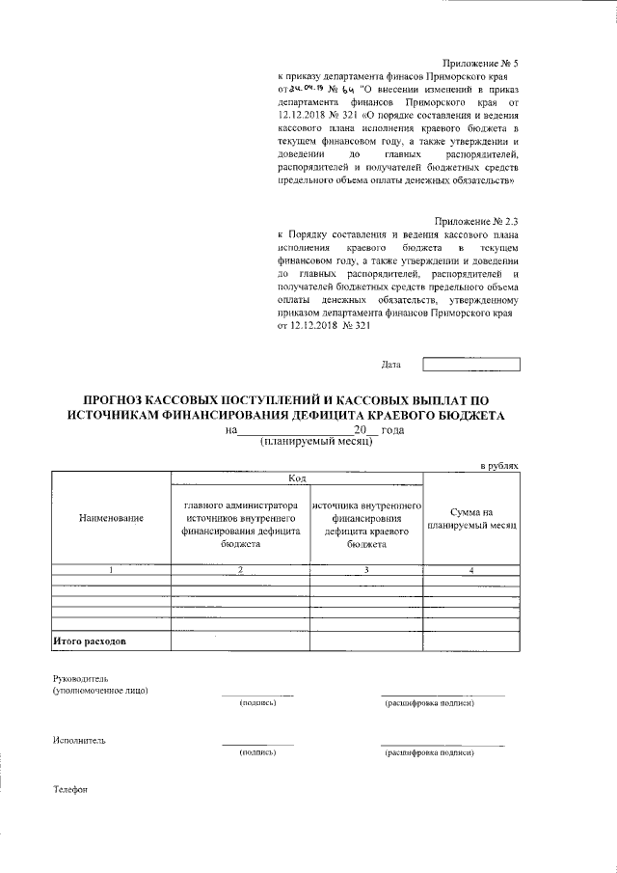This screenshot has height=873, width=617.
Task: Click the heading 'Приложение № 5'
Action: pyautogui.click(x=479, y=61)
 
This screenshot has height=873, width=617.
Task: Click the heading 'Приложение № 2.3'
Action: pyautogui.click(x=474, y=222)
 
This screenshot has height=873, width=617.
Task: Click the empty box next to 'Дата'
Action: pyautogui.click(x=470, y=365)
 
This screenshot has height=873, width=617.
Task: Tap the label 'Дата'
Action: pyautogui.click(x=390, y=365)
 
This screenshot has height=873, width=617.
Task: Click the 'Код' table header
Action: pyautogui.click(x=297, y=478)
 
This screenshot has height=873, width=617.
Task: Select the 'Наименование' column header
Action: pyautogui.click(x=111, y=519)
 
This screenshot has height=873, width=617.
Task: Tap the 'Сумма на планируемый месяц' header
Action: pyautogui.click(x=471, y=519)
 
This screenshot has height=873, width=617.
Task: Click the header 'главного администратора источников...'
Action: pyautogui.click(x=240, y=524)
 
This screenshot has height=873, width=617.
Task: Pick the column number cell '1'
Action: pyautogui.click(x=111, y=570)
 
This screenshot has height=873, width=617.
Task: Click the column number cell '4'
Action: pyautogui.click(x=471, y=570)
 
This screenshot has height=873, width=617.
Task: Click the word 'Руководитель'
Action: pyautogui.click(x=81, y=678)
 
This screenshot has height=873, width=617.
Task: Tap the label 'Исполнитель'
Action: pyautogui.click(x=79, y=741)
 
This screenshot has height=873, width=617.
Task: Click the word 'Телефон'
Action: pyautogui.click(x=70, y=790)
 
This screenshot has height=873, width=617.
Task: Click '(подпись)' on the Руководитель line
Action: pyautogui.click(x=257, y=702)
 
